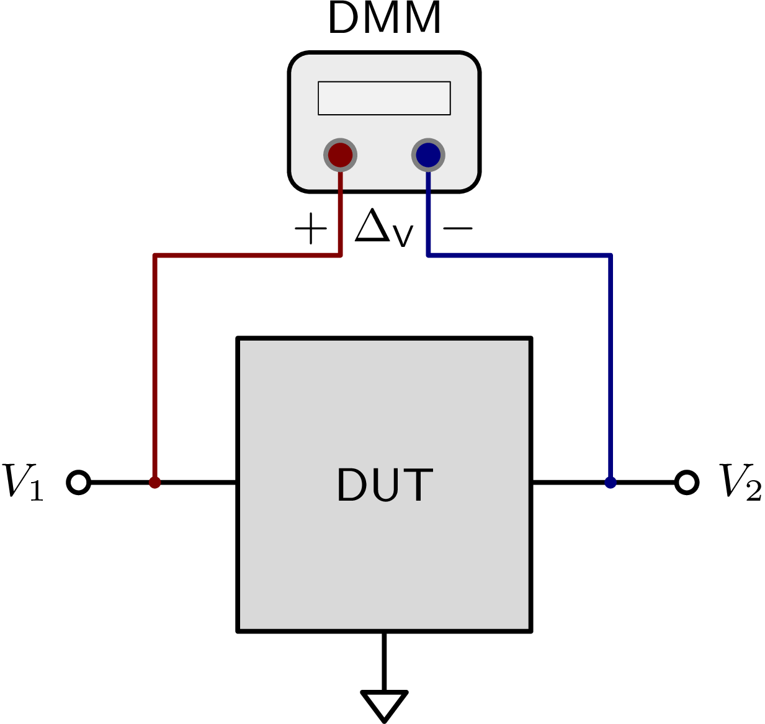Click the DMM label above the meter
[x=384, y=19]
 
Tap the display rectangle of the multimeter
[x=384, y=98]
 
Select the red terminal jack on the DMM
[x=340, y=154]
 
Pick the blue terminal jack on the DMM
[x=428, y=154]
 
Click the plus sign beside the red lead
[x=310, y=229]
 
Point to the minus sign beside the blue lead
[x=458, y=228]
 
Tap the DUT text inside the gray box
[x=384, y=485]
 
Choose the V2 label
[x=740, y=481]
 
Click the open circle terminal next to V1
[x=79, y=482]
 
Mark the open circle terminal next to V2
[x=687, y=482]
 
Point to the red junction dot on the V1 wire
[x=154, y=482]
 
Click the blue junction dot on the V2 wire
[x=611, y=482]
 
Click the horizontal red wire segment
[x=248, y=255]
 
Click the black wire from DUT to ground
[x=384, y=661]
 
